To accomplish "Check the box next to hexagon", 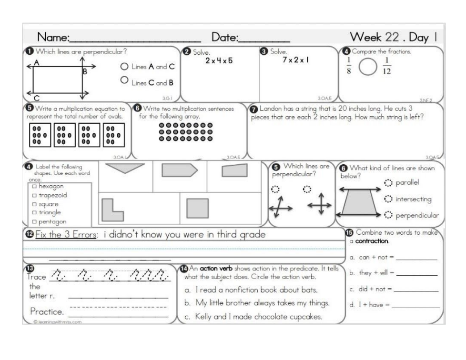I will click(34, 187).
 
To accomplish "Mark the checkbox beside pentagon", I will click(34, 222).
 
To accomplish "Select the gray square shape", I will click(197, 208).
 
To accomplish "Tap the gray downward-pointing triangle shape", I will click(125, 169).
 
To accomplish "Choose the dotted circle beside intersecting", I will click(387, 199).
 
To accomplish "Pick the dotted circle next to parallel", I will click(387, 183).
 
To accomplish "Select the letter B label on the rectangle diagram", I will click(85, 72).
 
